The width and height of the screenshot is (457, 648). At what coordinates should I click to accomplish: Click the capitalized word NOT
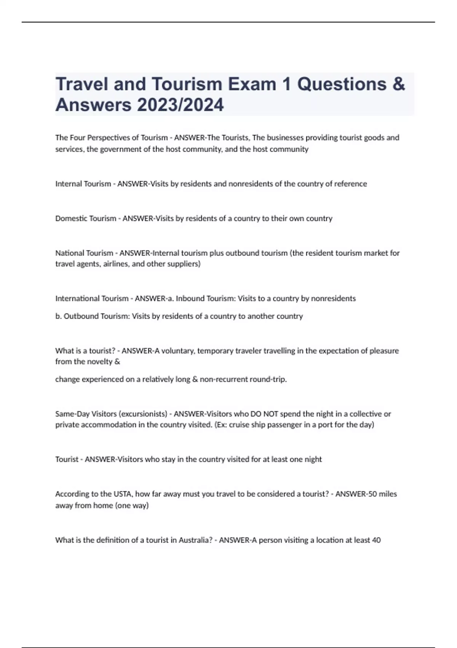click(270, 414)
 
